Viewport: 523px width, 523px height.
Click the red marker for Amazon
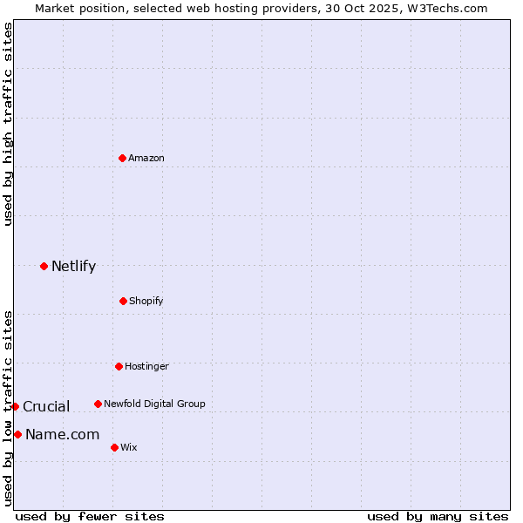point(123,158)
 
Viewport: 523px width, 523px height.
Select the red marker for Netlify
point(44,266)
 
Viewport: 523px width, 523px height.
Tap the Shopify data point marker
point(123,301)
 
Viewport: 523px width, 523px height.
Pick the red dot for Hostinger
point(119,366)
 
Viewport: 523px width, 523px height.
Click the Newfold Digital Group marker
point(98,404)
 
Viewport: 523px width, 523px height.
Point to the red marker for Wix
point(114,447)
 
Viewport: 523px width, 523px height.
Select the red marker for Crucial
point(15,406)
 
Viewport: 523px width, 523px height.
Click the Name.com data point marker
point(17,434)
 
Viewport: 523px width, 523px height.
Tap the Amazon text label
point(146,158)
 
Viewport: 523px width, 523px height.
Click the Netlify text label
point(73,267)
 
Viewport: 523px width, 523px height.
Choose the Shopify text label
point(146,301)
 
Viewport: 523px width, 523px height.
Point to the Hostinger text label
point(146,366)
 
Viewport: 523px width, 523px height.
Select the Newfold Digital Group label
point(154,404)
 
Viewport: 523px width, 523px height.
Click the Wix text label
point(129,447)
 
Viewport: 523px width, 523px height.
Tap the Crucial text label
point(46,407)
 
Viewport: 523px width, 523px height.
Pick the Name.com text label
point(62,435)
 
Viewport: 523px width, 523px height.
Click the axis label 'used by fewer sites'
point(90,516)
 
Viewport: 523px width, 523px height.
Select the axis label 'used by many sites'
point(438,516)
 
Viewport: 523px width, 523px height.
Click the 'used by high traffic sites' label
point(8,124)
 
